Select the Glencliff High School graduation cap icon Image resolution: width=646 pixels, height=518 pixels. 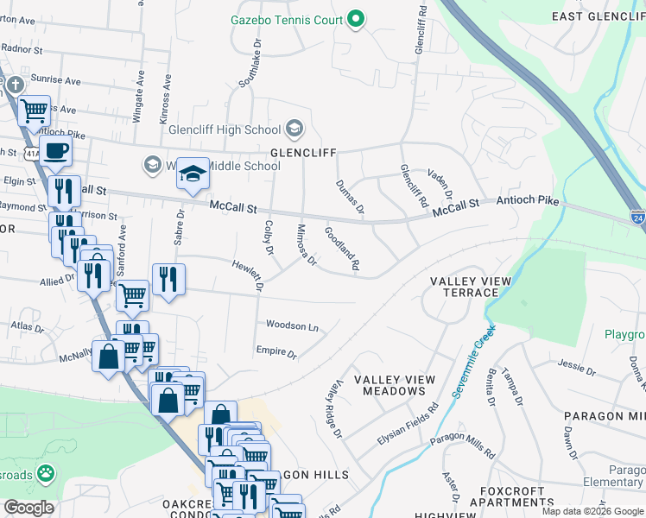(x=294, y=129)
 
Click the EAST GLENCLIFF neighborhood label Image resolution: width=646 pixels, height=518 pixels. (x=594, y=16)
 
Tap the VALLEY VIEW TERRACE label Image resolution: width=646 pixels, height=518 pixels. (x=471, y=287)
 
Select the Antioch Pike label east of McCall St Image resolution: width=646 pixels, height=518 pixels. (x=527, y=202)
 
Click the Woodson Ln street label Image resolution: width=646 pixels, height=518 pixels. (x=292, y=326)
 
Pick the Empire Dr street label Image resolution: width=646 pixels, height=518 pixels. (x=276, y=352)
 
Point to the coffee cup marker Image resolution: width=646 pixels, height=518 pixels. (x=56, y=150)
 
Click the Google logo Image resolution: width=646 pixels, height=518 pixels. (x=28, y=508)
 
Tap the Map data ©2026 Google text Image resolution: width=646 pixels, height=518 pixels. (x=592, y=511)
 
